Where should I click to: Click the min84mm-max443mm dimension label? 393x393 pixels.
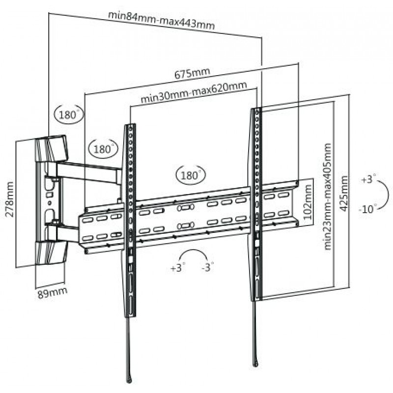(x=162, y=21)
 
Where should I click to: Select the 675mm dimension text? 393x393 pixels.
(x=192, y=73)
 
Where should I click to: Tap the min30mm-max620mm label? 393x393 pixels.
(x=194, y=92)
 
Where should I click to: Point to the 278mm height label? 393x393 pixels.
(x=9, y=199)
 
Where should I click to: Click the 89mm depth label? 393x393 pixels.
(x=53, y=292)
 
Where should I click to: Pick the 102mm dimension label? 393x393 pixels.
(x=308, y=202)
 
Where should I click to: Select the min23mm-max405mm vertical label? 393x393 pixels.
(x=328, y=196)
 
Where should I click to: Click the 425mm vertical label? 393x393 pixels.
(x=344, y=194)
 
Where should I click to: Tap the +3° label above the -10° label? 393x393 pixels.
(x=369, y=179)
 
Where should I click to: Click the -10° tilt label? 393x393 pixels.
(x=368, y=208)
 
